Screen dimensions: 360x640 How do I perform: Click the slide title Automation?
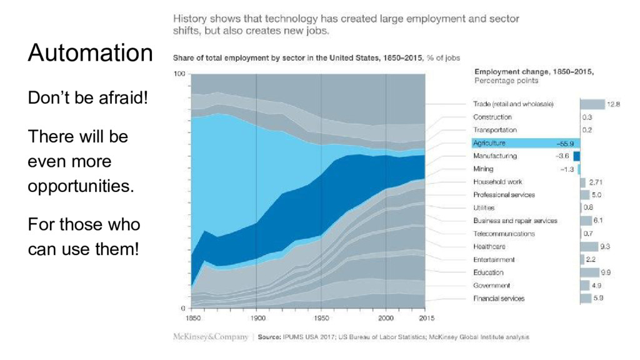pyautogui.click(x=90, y=53)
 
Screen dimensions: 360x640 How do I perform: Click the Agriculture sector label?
pyautogui.click(x=489, y=143)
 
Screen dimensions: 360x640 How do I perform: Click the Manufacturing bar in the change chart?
pyautogui.click(x=576, y=156)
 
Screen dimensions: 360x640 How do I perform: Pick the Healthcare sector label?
pyautogui.click(x=489, y=246)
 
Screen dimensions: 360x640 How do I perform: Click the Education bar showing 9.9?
pyautogui.click(x=589, y=272)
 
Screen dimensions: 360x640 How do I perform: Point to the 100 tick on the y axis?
pyautogui.click(x=179, y=74)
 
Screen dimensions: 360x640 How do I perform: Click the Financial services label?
pyautogui.click(x=499, y=298)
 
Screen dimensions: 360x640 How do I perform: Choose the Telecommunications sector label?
pyautogui.click(x=504, y=234)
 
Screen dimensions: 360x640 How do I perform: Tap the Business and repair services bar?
pyautogui.click(x=586, y=221)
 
